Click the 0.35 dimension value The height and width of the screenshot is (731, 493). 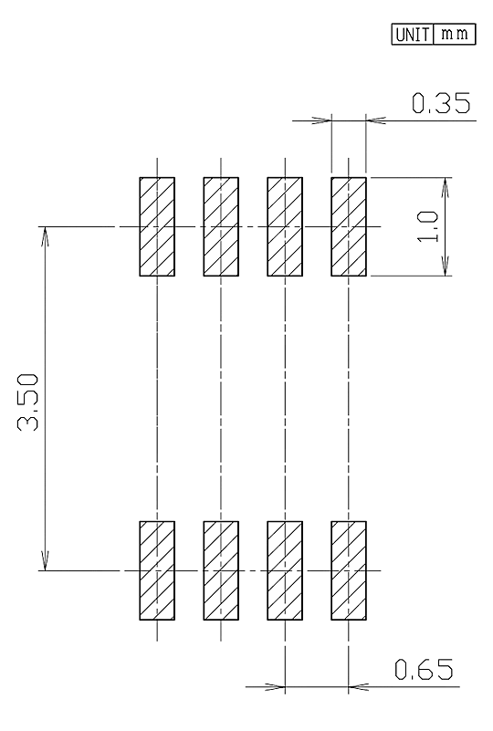coord(441,103)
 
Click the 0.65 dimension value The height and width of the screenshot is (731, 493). coord(424,670)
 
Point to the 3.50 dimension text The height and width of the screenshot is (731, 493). coord(28,402)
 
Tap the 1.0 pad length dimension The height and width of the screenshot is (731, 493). coord(428,226)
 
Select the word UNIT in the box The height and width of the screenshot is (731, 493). coord(413,35)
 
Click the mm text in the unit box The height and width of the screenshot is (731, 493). coord(455,34)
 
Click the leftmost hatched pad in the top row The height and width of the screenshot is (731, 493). coord(157,226)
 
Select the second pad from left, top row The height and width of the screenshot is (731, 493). coord(221,226)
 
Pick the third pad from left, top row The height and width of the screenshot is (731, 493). coord(285,226)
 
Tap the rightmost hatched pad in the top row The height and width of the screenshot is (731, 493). coord(349,226)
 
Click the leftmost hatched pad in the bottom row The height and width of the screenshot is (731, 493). coord(157,570)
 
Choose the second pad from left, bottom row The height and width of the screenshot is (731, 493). coord(221,570)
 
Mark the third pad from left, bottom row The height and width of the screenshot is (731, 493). coord(285,570)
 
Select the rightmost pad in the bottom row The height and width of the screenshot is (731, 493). coord(349,570)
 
